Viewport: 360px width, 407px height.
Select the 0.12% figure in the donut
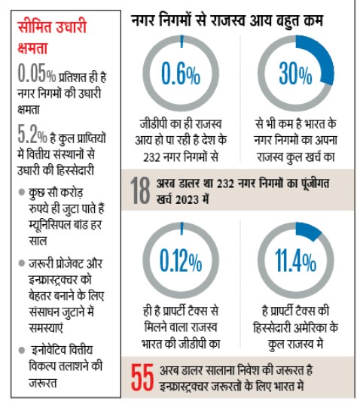(x=181, y=260)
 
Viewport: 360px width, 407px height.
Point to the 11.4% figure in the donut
(x=294, y=260)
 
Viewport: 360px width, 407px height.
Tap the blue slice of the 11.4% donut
(x=310, y=230)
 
